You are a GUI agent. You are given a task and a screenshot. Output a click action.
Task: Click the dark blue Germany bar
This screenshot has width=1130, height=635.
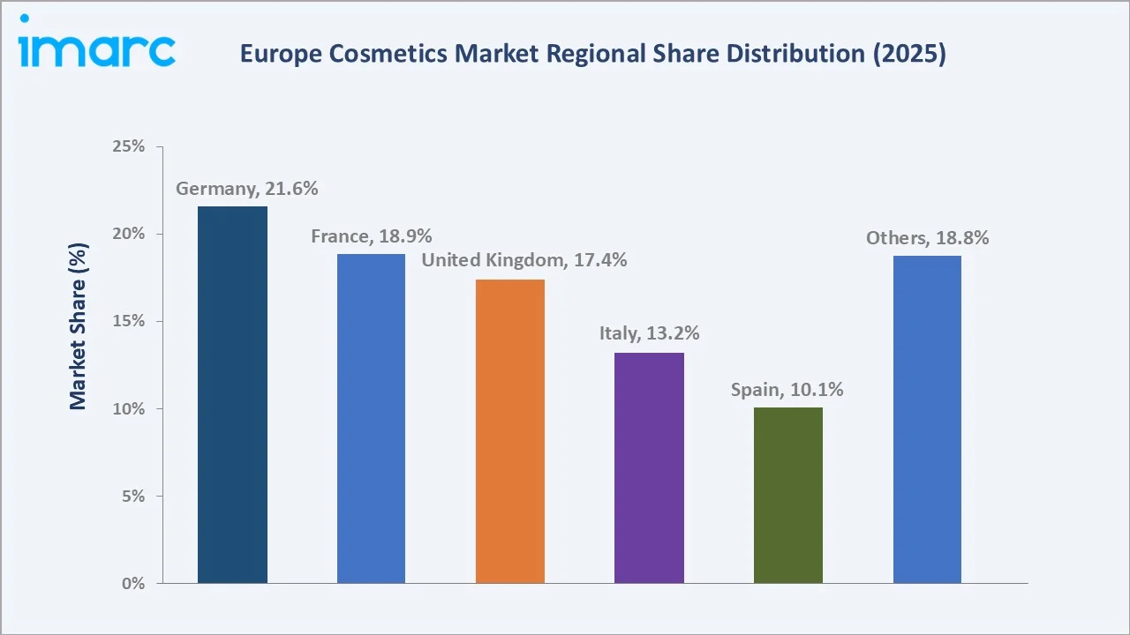tap(232, 394)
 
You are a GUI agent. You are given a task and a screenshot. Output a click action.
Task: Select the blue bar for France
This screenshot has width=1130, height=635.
tap(371, 418)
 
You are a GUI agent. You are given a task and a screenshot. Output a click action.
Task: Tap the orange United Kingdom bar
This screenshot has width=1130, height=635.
tap(510, 431)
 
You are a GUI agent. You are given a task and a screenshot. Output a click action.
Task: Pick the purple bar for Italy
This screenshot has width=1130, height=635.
tap(649, 467)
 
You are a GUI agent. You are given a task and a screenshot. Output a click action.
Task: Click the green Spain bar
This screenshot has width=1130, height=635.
tap(788, 495)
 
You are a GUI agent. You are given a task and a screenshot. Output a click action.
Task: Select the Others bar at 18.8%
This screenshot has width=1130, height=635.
tap(927, 419)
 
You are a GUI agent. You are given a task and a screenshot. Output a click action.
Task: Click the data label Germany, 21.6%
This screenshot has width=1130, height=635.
tap(246, 189)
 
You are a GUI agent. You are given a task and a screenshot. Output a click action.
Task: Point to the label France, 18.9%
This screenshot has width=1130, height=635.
tap(371, 236)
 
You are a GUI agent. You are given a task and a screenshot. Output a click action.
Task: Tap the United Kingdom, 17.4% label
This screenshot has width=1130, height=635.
tap(524, 260)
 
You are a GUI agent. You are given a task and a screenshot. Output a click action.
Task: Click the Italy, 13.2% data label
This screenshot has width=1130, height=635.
tap(649, 333)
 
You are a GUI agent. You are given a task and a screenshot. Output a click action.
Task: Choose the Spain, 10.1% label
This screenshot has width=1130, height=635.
tap(787, 389)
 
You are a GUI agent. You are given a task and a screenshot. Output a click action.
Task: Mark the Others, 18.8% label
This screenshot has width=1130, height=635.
tap(927, 237)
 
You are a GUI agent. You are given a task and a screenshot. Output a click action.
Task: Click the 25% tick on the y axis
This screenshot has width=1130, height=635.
tap(129, 146)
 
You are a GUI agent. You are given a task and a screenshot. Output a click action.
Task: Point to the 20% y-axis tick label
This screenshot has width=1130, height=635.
tap(129, 234)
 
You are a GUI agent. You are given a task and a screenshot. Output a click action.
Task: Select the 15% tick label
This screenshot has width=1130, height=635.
tap(129, 321)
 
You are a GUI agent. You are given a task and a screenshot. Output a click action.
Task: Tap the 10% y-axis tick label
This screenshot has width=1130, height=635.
tap(129, 409)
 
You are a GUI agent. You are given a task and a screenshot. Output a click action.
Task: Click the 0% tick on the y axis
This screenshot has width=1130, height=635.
tap(133, 584)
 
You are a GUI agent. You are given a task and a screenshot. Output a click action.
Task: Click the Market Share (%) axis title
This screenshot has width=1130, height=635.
tap(79, 326)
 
